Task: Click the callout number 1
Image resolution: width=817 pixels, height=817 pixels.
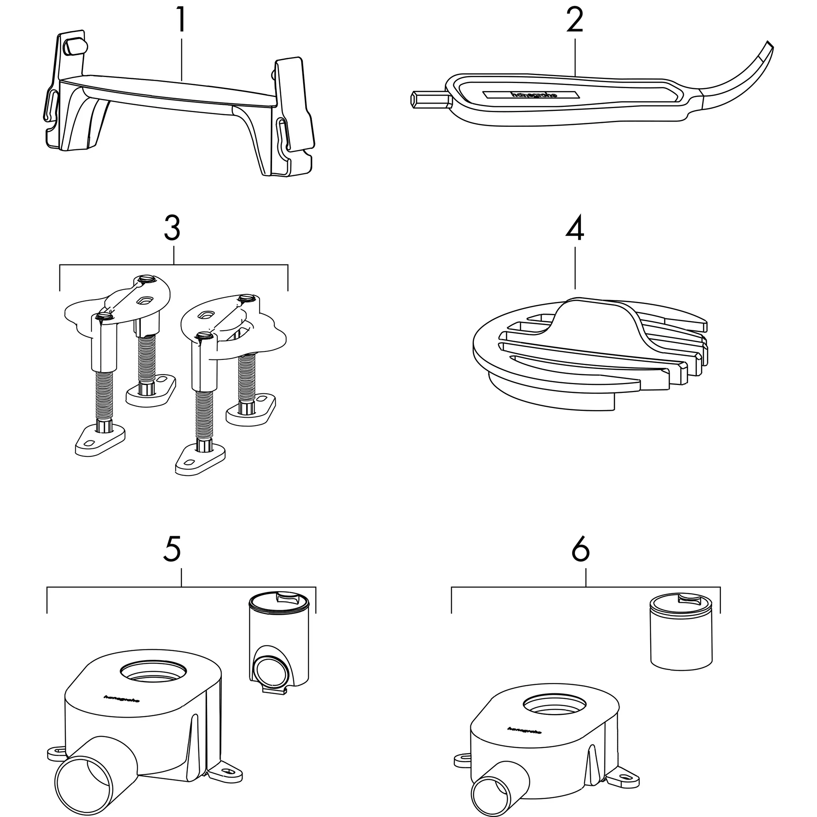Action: coord(181,20)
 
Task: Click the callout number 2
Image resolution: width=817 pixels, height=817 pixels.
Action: coord(575,20)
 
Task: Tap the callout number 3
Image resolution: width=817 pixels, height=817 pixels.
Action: coord(172,228)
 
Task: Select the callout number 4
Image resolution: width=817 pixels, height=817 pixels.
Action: coord(575,228)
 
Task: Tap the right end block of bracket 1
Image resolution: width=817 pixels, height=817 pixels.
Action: coord(295,106)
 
